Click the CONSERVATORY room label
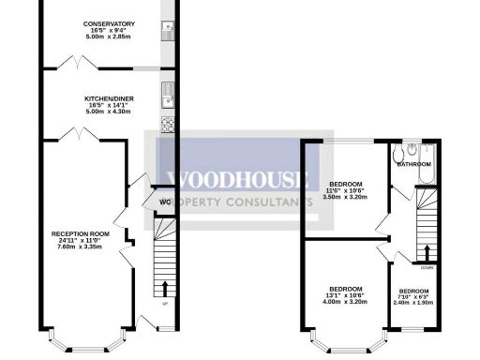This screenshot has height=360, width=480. click(x=108, y=23)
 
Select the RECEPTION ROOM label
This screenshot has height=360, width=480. click(x=81, y=232)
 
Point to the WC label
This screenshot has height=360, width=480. click(x=165, y=201)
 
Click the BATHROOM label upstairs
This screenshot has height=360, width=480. click(x=412, y=165)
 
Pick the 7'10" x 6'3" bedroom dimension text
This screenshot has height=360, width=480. click(x=414, y=297)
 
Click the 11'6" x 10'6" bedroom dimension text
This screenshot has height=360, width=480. click(x=346, y=191)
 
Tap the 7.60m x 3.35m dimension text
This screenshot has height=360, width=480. click(x=81, y=246)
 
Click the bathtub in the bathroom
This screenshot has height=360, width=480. click(x=428, y=173)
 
